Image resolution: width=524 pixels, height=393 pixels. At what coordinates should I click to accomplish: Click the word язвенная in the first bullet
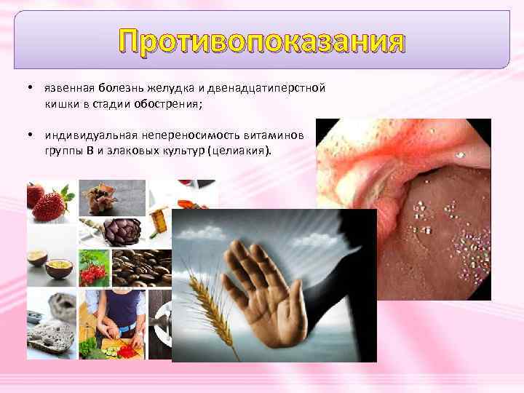coord(68,88)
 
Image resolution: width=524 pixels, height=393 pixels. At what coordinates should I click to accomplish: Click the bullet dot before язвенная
coord(26,88)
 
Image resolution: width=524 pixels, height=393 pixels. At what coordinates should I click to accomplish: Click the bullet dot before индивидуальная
coord(26,136)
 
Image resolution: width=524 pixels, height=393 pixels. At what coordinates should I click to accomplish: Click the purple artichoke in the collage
coord(122,231)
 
